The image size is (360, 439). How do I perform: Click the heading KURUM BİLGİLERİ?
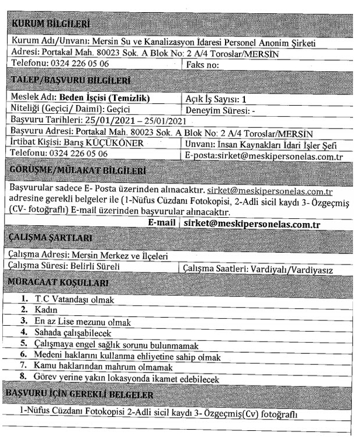coord(52,24)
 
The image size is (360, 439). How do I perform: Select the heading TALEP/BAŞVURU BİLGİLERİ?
coord(71,81)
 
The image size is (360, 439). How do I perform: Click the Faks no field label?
coord(203,64)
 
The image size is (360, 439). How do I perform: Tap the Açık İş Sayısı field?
coord(216,99)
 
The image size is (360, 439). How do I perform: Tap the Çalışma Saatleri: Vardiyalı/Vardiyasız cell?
coord(266,270)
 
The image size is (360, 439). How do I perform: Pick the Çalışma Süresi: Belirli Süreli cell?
coord(65,267)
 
